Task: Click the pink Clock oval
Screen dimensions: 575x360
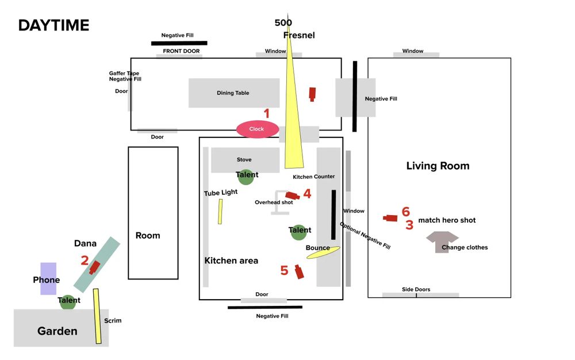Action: coord(258,129)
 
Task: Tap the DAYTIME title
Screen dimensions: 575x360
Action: coord(54,25)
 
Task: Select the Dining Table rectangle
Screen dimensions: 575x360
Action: coord(234,93)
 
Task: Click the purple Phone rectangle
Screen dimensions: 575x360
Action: coord(48,278)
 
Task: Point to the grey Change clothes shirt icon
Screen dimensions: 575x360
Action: coord(442,242)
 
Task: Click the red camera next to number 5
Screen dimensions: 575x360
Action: coord(299,271)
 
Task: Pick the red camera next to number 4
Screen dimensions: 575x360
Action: coord(292,196)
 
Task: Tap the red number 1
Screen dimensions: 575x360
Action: coord(267,113)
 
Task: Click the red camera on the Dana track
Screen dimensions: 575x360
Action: coord(95,267)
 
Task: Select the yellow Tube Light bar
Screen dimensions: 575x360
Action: coord(220,212)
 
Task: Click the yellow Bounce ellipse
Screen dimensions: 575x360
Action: coord(323,252)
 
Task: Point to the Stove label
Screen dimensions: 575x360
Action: coord(244,159)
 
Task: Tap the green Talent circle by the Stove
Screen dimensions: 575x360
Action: coord(246,177)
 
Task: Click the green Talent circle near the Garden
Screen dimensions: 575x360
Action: coord(68,302)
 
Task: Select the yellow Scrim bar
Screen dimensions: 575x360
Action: coord(97,316)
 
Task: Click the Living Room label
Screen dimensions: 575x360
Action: coord(438,166)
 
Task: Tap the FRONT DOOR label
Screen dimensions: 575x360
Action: coord(181,51)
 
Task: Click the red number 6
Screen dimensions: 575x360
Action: coord(405,212)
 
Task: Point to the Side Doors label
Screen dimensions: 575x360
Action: coord(416,289)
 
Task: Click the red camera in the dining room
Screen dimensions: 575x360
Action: coord(312,94)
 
